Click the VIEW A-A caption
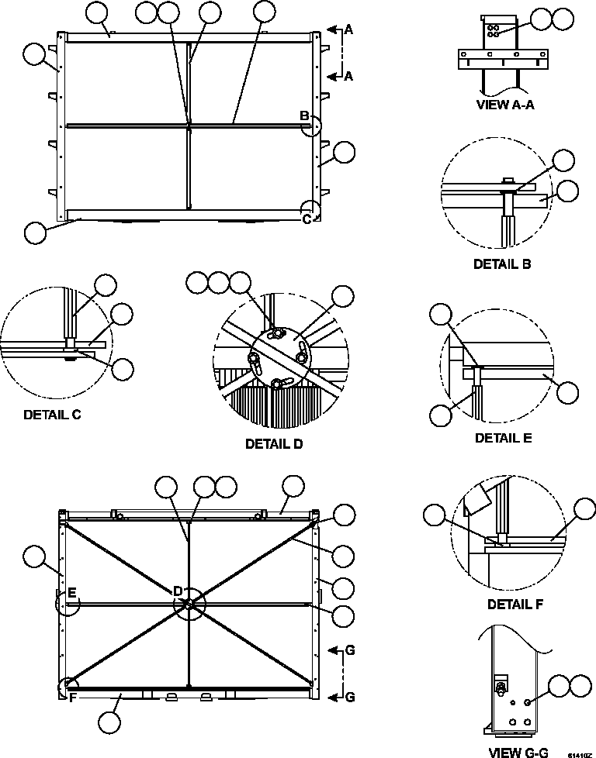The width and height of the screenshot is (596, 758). (x=504, y=105)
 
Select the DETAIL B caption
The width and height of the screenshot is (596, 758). (x=502, y=264)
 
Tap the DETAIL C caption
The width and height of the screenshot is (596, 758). (x=52, y=414)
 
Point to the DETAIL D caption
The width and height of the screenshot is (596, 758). (x=274, y=444)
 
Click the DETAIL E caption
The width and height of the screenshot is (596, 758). (x=503, y=438)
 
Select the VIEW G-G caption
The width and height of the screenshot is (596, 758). (x=518, y=752)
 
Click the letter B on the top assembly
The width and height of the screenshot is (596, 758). (x=305, y=116)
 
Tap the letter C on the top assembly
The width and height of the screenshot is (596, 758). (x=307, y=219)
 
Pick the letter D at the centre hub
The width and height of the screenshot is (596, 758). (x=178, y=591)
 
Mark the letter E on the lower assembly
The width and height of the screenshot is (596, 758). (x=71, y=593)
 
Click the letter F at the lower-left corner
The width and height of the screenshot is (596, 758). (x=71, y=697)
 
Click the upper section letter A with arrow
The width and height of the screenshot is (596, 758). (x=348, y=29)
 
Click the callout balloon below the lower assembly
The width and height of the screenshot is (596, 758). (x=110, y=722)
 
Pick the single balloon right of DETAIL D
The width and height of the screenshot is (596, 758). (x=342, y=296)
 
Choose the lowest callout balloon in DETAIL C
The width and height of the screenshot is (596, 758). (x=122, y=370)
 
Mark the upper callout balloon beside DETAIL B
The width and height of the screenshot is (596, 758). (x=564, y=160)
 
